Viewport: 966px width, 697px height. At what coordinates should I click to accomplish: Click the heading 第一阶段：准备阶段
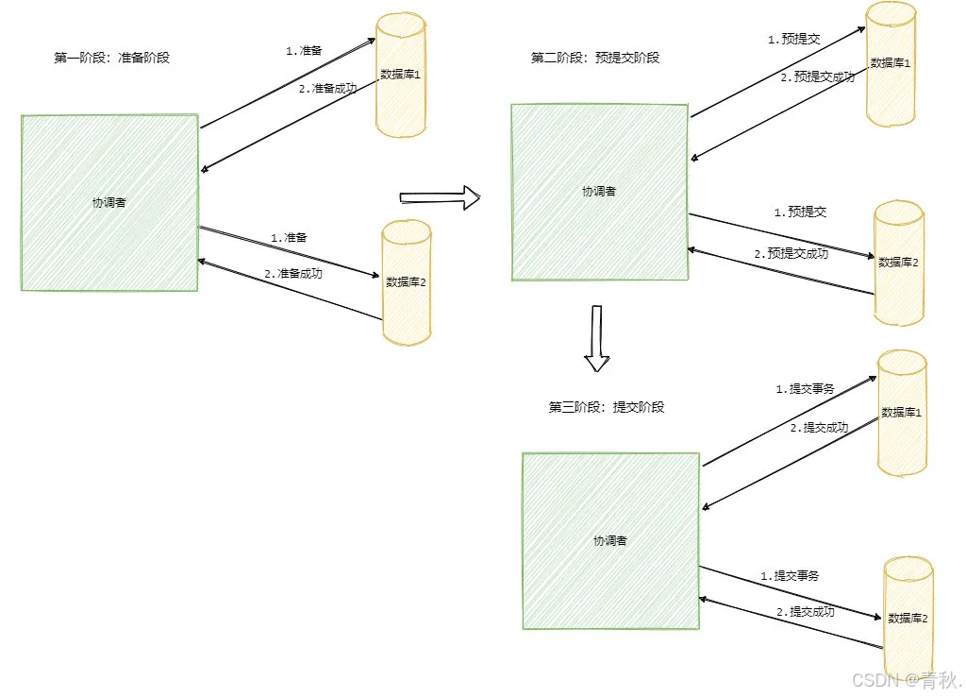click(111, 58)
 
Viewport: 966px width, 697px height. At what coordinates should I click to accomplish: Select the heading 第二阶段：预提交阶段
click(595, 58)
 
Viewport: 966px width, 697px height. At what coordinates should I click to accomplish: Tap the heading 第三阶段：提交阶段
click(607, 407)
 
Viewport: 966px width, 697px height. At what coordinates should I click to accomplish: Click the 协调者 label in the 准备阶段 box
click(108, 202)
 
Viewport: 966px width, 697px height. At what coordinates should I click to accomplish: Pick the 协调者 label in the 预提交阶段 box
click(599, 191)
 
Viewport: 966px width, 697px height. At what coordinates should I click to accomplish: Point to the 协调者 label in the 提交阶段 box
click(610, 541)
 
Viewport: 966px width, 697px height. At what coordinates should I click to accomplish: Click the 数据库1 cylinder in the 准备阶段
click(402, 76)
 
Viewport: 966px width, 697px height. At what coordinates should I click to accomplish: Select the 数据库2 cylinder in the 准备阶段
click(407, 281)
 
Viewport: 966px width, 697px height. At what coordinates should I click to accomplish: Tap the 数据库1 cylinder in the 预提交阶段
click(891, 63)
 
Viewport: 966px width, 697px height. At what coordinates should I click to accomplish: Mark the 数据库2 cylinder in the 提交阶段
click(908, 618)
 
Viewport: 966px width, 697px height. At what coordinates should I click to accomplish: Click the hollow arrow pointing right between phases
click(440, 197)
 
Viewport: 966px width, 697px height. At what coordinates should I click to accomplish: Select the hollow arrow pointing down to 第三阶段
click(596, 338)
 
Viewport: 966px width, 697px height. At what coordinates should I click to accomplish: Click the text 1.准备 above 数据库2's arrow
click(289, 238)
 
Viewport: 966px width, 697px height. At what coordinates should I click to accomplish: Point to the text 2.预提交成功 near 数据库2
click(791, 253)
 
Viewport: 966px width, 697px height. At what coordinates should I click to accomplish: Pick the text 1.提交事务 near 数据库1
click(805, 388)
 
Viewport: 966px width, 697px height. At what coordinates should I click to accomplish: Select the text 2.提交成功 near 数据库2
click(805, 612)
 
